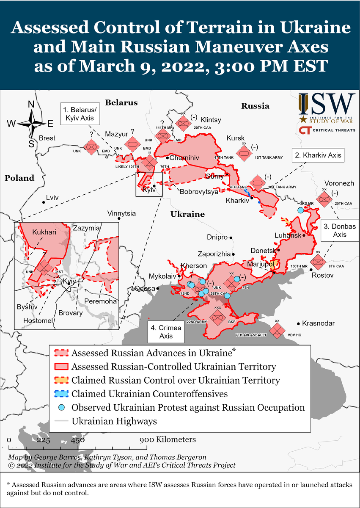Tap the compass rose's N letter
click(31, 105)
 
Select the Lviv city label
click(52, 198)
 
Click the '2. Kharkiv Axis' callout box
click(317, 155)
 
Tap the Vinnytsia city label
click(121, 213)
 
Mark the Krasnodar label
click(318, 323)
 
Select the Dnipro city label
click(217, 237)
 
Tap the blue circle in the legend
click(61, 408)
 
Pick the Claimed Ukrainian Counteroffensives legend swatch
click(61, 394)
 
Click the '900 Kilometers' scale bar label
click(169, 439)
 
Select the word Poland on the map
click(19, 178)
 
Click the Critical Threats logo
click(327, 130)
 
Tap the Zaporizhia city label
click(214, 254)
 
